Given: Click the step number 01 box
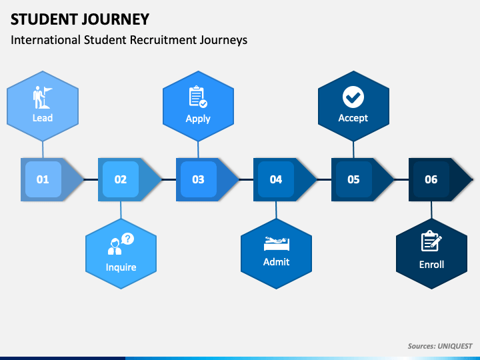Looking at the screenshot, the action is (43, 179).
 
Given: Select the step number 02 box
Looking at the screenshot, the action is (121, 179).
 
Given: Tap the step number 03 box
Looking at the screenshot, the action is (199, 179).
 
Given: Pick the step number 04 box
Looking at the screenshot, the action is (276, 179).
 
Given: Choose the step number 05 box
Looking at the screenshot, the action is (353, 179).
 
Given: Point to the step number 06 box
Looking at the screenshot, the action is (431, 179).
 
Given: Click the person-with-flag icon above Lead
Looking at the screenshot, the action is (43, 97).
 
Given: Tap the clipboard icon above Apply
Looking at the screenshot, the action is (198, 97).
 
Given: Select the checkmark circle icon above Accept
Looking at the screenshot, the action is (353, 97).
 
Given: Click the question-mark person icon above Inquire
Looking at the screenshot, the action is (121, 244).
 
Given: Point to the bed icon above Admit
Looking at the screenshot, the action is (277, 243).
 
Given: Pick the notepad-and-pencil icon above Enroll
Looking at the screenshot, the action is (431, 241).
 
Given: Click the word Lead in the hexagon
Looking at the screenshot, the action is (43, 118).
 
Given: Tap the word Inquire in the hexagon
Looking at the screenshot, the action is (121, 267).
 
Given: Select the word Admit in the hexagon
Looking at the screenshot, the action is (277, 262).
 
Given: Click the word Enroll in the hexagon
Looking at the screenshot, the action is (431, 265).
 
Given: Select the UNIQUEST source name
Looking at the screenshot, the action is (455, 346).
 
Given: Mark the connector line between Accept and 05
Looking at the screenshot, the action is (353, 150).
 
